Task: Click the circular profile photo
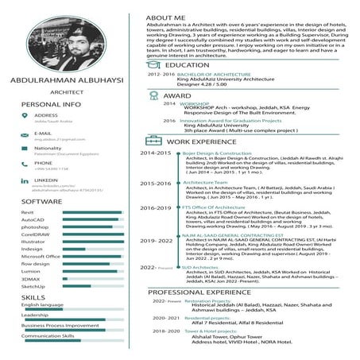click(65, 38)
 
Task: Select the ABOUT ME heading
click(168, 17)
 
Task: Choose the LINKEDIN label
click(45, 180)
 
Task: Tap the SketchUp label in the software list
click(33, 286)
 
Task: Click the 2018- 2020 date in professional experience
click(166, 331)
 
